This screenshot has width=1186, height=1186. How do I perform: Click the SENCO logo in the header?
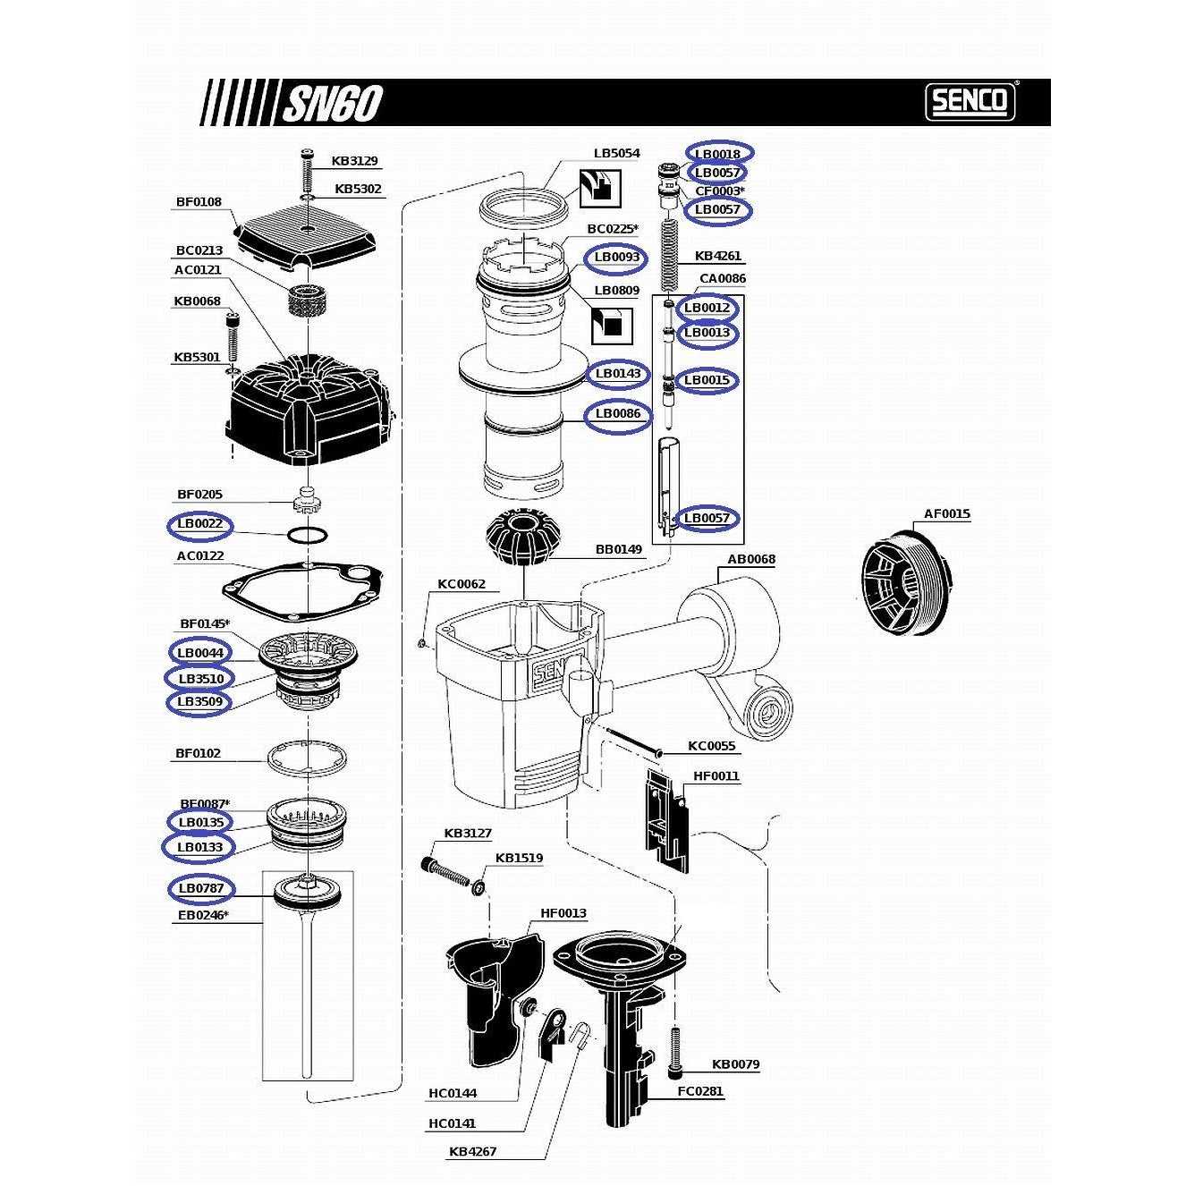point(970,101)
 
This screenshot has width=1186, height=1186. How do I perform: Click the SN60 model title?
point(333,104)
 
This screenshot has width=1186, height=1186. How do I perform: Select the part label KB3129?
point(354,161)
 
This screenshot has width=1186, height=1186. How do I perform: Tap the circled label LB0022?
point(200,524)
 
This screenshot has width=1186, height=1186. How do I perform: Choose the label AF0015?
point(946,514)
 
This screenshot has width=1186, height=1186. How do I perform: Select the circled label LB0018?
point(718,154)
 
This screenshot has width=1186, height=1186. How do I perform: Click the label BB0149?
point(619,549)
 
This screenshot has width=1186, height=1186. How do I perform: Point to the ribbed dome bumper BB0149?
point(521,537)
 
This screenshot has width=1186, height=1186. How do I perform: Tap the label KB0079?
point(735,1064)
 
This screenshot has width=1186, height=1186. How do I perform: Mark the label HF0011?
point(716,776)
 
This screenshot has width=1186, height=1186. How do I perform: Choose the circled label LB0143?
point(618,374)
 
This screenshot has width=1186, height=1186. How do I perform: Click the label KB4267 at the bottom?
point(472,1152)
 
